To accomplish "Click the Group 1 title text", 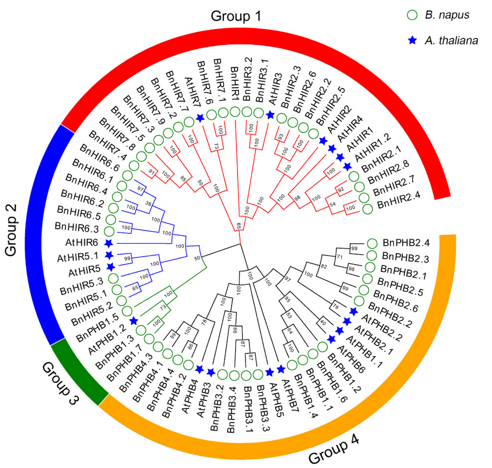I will point(236,16).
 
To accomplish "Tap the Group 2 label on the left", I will point(11,230).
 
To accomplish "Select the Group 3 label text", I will point(60,383).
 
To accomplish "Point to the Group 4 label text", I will point(334,449).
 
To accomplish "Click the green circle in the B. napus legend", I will point(412,15).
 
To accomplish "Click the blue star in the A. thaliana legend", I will point(412,40).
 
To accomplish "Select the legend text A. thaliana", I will point(451,40).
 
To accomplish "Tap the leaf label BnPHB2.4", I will point(406,243).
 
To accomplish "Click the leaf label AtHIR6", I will point(82,243).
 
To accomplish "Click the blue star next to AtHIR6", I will point(109,243).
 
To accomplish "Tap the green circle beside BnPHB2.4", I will point(372,243).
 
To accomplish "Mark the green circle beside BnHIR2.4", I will point(367,209).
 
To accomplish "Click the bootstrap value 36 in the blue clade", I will point(148,203).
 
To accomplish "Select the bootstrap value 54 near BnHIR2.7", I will point(333,204).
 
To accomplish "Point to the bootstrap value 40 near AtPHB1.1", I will point(323,322).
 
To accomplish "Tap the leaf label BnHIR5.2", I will point(92,314).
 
